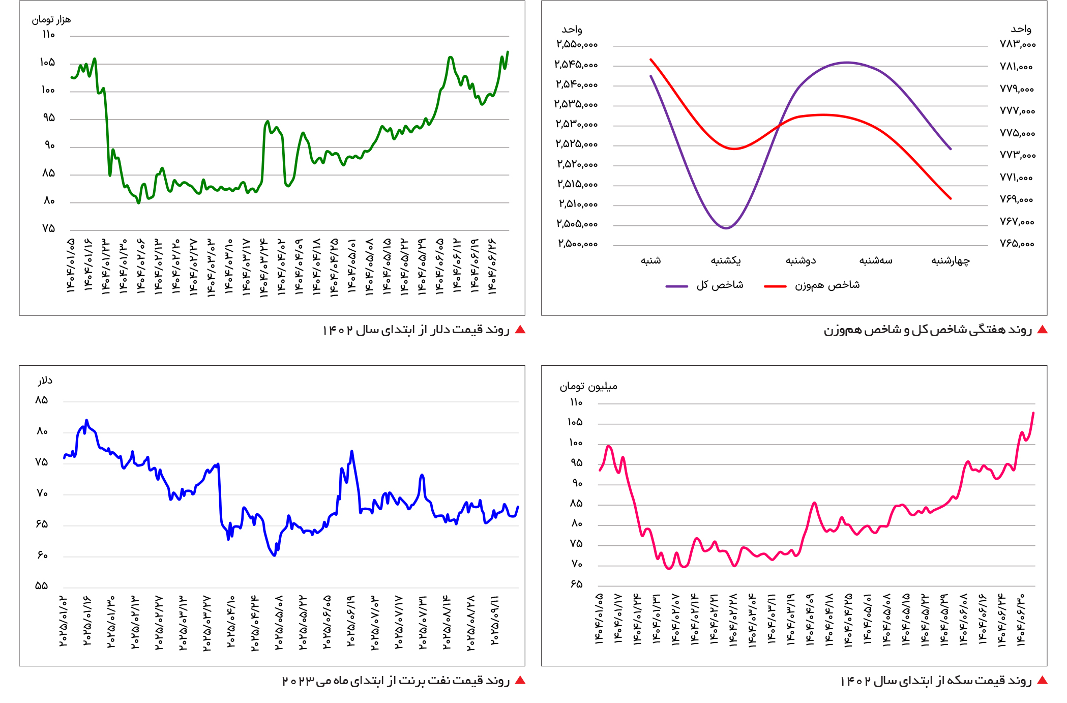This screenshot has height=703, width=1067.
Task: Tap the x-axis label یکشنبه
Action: point(726,261)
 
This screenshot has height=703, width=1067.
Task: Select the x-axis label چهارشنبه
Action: point(950,261)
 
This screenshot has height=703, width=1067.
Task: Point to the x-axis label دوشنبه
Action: point(801,261)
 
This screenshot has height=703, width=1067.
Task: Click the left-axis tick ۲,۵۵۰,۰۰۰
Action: point(577,45)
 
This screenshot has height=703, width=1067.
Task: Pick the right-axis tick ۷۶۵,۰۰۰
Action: point(1017,244)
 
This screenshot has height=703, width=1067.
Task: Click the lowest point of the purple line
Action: point(726,228)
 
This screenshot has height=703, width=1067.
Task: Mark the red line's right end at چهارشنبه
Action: point(950,198)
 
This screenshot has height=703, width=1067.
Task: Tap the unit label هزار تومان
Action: point(51,20)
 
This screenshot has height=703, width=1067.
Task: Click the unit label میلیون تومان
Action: point(588,387)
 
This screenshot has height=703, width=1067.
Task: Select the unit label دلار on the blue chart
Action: point(45,380)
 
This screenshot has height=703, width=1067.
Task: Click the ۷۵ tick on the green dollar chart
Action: point(48,228)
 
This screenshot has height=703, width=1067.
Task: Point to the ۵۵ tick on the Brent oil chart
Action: point(42,586)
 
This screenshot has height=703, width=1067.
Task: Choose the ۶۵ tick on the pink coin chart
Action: point(576,584)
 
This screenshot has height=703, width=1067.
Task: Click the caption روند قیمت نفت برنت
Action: point(396,681)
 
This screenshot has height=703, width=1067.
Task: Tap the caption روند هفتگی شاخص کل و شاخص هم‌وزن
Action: point(928,330)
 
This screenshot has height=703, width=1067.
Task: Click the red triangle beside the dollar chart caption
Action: point(520,330)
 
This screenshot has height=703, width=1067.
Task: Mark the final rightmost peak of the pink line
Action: point(1033,413)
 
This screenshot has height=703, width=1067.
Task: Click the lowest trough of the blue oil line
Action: point(274,555)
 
